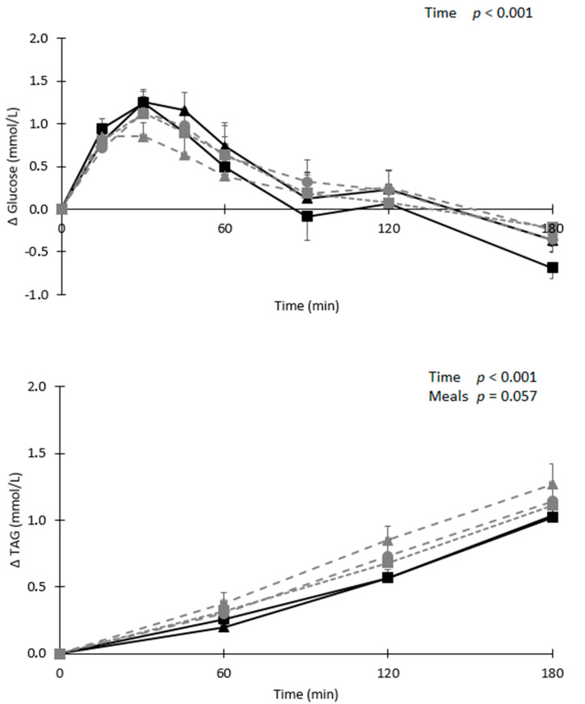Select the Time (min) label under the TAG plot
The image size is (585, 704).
(x=305, y=693)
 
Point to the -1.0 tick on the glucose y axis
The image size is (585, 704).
(x=37, y=295)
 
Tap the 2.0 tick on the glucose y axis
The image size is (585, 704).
(x=39, y=38)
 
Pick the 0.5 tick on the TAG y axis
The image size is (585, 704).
(x=39, y=587)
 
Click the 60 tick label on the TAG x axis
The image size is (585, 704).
(x=224, y=672)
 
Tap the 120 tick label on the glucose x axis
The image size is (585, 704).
(x=389, y=228)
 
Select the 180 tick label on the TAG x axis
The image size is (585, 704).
(x=552, y=672)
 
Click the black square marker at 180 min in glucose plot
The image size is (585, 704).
(x=553, y=268)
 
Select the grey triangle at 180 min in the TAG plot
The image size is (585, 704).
(x=553, y=484)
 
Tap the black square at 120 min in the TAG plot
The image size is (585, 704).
(x=389, y=578)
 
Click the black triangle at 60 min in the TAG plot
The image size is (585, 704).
(x=224, y=627)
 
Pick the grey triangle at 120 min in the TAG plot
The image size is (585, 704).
(x=389, y=540)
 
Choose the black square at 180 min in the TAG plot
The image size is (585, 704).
(x=553, y=517)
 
